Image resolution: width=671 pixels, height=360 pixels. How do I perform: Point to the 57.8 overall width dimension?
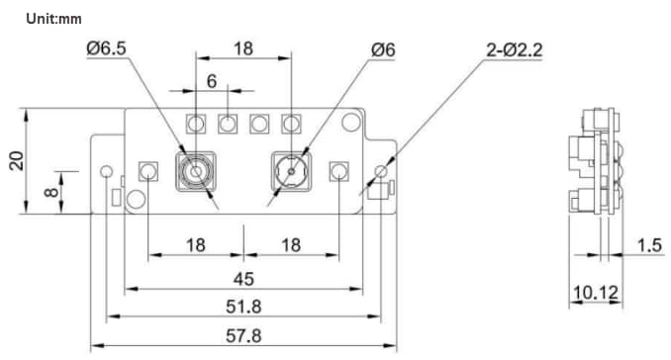click(x=243, y=335)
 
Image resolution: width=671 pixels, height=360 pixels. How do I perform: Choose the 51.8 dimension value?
click(x=243, y=305)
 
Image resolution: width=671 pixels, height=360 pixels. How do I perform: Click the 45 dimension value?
click(x=243, y=277)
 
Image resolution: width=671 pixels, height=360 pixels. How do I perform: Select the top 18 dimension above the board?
click(x=243, y=47)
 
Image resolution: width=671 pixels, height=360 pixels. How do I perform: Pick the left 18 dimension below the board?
click(x=196, y=244)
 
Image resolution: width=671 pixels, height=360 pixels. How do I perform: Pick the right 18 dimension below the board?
click(x=292, y=244)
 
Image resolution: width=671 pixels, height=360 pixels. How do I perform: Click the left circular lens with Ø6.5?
click(x=196, y=172)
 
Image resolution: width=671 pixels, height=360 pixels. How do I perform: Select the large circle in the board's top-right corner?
click(x=348, y=122)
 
